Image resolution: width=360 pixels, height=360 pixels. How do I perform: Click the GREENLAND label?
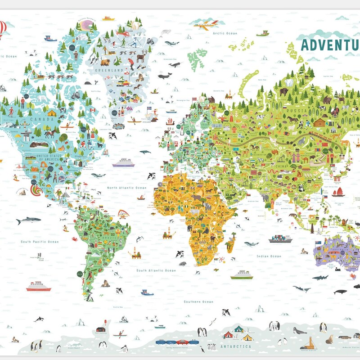113,71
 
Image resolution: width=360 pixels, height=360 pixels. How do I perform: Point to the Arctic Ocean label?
225,33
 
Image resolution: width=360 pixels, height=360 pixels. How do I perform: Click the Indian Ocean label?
269,256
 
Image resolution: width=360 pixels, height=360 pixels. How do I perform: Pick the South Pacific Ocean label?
40,242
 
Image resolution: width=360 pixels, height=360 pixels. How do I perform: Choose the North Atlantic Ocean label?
127,188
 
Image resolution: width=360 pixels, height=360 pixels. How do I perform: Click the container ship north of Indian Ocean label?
280,238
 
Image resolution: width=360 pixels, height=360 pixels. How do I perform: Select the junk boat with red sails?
338,192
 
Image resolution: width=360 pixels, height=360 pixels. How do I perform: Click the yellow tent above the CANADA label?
52,112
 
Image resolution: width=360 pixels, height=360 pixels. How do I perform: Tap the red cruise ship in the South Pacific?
38,286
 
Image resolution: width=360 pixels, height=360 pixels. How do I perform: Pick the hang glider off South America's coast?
123,216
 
